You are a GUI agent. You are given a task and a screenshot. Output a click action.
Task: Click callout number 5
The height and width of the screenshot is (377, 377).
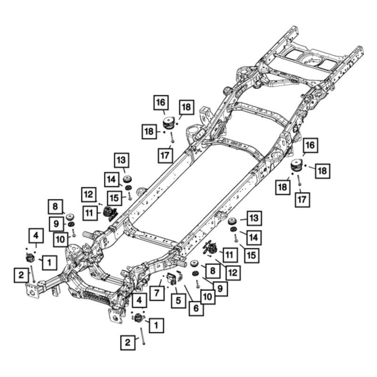tap(178, 300)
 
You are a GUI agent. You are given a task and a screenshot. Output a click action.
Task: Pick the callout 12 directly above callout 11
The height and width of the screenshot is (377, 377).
tap(89, 194)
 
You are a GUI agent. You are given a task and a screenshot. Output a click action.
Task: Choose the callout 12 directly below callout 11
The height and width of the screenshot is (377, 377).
tap(233, 272)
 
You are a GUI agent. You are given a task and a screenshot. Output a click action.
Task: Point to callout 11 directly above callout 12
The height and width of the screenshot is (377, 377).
tap(229, 255)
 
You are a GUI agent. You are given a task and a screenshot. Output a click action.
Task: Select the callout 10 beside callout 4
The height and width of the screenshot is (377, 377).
tap(61, 240)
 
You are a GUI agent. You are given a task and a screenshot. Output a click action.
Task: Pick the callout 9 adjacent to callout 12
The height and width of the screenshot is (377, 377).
tap(220, 288)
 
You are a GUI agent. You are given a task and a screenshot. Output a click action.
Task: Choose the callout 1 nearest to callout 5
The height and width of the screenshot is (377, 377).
tap(156, 325)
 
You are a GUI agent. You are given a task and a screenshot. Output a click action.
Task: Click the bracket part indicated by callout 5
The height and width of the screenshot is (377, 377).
tap(171, 279)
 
